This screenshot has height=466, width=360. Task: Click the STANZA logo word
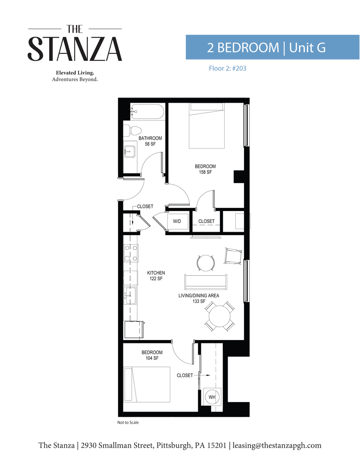(x=75, y=49)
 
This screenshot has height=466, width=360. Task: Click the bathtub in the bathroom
(x=147, y=112)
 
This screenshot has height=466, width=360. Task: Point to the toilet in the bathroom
(x=132, y=130)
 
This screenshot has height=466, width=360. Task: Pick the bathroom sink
(x=130, y=151)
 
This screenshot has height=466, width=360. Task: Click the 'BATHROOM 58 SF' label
(x=150, y=141)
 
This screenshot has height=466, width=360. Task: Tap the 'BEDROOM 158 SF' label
(x=205, y=169)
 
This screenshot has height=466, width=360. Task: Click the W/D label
(x=177, y=221)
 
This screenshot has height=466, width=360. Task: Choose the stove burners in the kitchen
(x=131, y=253)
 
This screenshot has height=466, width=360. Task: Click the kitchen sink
(x=130, y=296)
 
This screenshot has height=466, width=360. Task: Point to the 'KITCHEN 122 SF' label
(x=156, y=276)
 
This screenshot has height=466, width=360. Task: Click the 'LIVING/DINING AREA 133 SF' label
(x=199, y=299)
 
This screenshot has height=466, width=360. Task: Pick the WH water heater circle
(x=212, y=397)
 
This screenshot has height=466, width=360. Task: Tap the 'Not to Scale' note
(x=128, y=422)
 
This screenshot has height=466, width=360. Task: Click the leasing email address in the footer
(x=277, y=445)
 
